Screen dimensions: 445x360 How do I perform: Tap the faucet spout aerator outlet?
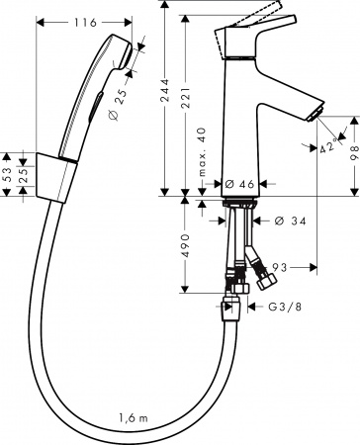point(313,116)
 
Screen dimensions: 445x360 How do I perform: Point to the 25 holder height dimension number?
point(24,174)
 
